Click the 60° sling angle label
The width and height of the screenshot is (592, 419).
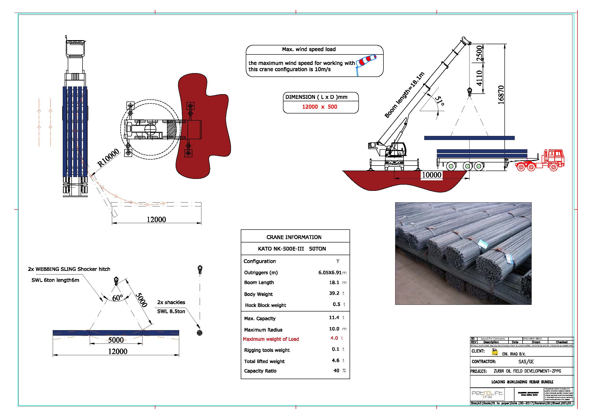pos(117,298)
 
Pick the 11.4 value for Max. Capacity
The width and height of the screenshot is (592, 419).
pos(334,317)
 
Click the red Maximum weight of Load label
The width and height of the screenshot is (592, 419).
pos(271,339)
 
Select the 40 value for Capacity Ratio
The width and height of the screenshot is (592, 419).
pos(336,371)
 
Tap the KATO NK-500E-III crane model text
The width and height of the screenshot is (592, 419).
pos(281,249)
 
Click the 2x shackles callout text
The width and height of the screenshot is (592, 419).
pos(171,302)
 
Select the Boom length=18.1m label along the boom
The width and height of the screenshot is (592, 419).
pos(404,95)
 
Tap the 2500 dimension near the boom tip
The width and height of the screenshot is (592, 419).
pos(479,53)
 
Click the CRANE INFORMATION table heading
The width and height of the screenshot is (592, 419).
pos(294,237)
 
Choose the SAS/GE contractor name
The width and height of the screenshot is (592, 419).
pos(526,362)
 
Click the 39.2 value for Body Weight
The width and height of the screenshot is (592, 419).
pos(334,293)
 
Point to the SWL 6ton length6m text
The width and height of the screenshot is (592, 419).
pos(55,280)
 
